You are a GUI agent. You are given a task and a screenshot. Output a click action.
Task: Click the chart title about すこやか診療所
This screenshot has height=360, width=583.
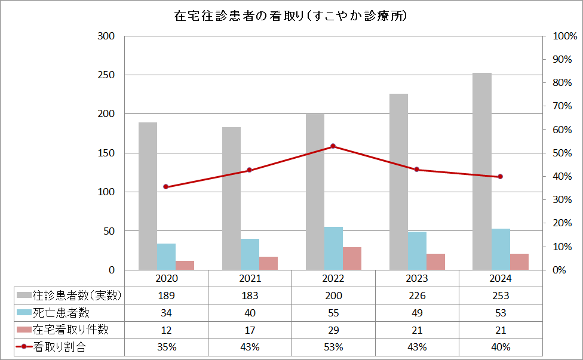(290, 16)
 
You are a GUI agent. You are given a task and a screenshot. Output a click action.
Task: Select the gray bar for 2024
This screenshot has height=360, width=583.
(482, 171)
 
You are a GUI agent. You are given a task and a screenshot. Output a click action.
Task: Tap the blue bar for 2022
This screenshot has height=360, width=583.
(333, 248)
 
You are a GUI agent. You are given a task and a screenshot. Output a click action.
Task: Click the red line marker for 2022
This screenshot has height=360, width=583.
(333, 146)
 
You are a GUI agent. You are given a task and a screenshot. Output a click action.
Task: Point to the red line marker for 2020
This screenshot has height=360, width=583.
(166, 187)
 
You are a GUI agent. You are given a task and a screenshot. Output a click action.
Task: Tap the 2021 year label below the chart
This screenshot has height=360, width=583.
(250, 278)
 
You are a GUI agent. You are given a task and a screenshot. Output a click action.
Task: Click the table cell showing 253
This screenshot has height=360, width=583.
(501, 296)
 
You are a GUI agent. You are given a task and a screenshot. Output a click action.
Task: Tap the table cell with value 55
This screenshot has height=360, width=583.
(333, 313)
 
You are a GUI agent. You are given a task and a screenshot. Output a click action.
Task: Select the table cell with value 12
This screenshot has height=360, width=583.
(166, 330)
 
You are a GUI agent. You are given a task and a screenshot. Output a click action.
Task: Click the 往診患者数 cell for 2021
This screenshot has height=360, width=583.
(250, 296)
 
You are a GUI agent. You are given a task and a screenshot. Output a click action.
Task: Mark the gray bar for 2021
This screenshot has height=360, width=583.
(231, 198)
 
